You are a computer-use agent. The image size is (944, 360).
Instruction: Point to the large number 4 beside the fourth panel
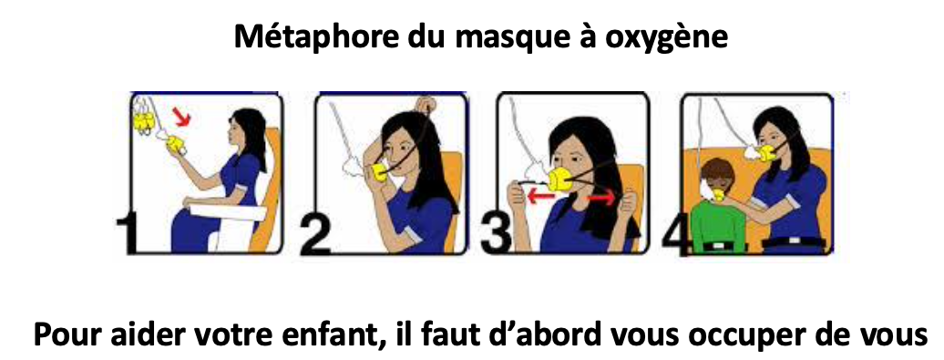click(676, 237)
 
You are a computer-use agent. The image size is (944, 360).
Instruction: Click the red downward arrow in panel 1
click(182, 117)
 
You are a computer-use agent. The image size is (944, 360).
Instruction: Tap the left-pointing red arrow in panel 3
click(540, 196)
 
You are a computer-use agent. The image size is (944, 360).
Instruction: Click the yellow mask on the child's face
click(718, 196)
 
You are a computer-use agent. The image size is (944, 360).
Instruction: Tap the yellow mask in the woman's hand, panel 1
click(177, 144)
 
